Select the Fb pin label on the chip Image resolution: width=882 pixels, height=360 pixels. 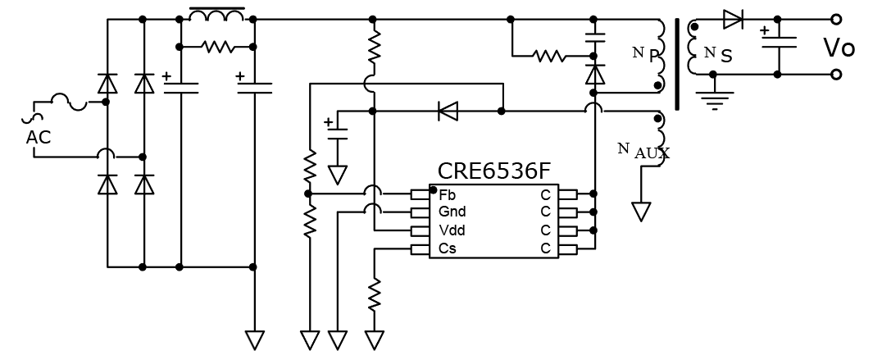(448, 195)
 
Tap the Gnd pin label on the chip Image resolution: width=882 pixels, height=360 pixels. (452, 212)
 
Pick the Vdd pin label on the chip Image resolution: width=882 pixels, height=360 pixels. (452, 230)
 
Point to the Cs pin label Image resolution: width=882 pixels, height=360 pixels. (448, 248)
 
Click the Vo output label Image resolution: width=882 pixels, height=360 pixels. (839, 48)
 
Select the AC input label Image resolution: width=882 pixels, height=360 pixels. (39, 137)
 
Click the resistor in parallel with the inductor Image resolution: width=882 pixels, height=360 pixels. (219, 47)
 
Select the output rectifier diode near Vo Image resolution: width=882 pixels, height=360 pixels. (732, 19)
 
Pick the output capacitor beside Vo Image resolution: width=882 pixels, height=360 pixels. (778, 42)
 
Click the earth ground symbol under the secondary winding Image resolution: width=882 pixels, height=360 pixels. (714, 99)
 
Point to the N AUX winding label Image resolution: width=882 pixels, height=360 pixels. (643, 151)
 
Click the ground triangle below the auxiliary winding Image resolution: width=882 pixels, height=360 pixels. (641, 212)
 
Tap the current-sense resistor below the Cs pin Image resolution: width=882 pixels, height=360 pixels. (374, 294)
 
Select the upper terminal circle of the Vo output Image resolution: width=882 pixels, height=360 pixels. (836, 19)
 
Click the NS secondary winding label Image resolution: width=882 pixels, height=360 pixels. (718, 55)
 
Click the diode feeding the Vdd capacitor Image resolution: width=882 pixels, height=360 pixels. (448, 112)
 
